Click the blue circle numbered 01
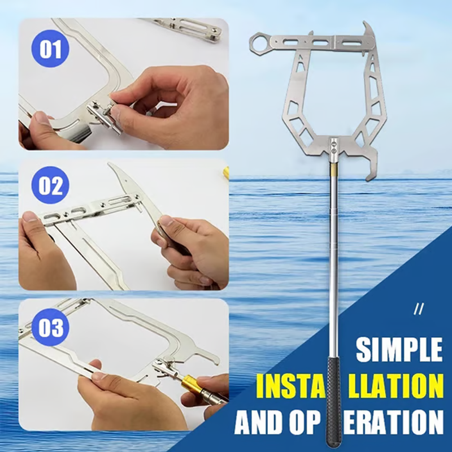tap(50, 49)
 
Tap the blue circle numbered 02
tap(50, 185)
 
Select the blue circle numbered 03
tap(50, 328)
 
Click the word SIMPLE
tap(399, 349)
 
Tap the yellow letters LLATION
tap(395, 385)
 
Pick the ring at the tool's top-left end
tap(258, 44)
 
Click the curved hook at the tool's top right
tap(369, 32)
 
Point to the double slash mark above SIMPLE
tap(418, 309)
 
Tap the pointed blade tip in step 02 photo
tap(110, 164)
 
